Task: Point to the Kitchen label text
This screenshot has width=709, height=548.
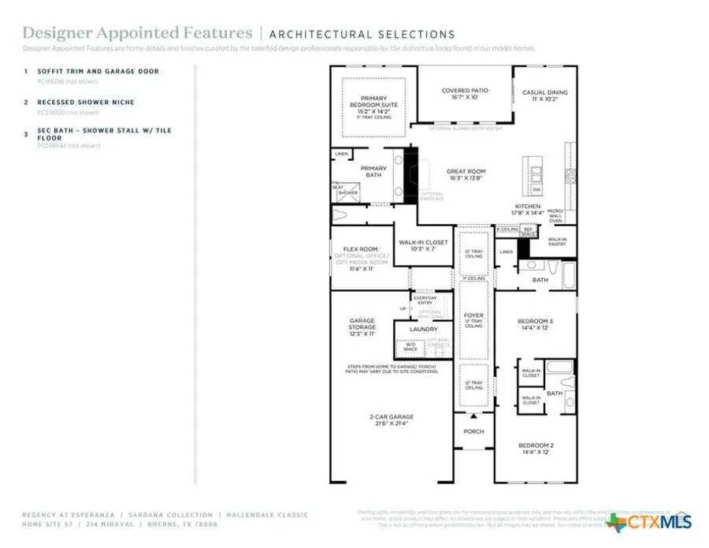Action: [x=527, y=207]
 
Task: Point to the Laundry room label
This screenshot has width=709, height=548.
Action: [x=423, y=329]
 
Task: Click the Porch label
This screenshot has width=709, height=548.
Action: [x=473, y=431]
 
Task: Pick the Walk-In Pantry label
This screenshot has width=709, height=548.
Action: [x=557, y=241]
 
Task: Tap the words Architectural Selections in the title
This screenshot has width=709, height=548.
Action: [x=362, y=34]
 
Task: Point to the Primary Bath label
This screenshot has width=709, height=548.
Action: [x=373, y=171]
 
